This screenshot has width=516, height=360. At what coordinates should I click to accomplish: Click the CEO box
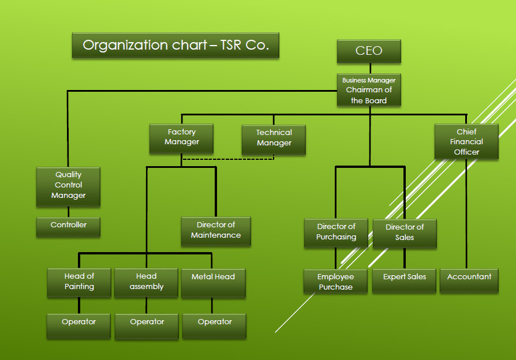(369, 51)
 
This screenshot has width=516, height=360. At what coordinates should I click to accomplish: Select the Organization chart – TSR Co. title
(175, 45)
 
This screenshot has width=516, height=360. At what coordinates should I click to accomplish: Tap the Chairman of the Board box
(369, 90)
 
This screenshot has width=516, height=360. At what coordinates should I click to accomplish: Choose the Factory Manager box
(181, 138)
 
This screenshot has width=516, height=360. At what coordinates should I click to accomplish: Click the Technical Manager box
(274, 139)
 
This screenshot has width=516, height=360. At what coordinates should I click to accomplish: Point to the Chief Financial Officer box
(466, 142)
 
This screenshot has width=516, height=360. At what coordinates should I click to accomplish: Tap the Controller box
(68, 226)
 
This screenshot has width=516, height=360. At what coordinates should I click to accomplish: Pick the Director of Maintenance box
(216, 231)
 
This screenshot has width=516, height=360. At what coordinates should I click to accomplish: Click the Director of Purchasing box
(336, 232)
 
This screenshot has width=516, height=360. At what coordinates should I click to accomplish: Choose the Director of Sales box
(404, 232)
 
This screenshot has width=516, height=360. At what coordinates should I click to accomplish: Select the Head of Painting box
(79, 282)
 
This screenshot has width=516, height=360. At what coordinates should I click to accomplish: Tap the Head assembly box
(147, 282)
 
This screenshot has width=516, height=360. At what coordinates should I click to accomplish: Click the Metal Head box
(213, 282)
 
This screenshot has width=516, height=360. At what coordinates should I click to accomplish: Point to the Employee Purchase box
(335, 281)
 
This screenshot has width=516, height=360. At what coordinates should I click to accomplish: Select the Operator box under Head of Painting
(78, 325)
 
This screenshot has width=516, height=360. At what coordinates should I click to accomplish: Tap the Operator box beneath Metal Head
(215, 325)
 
